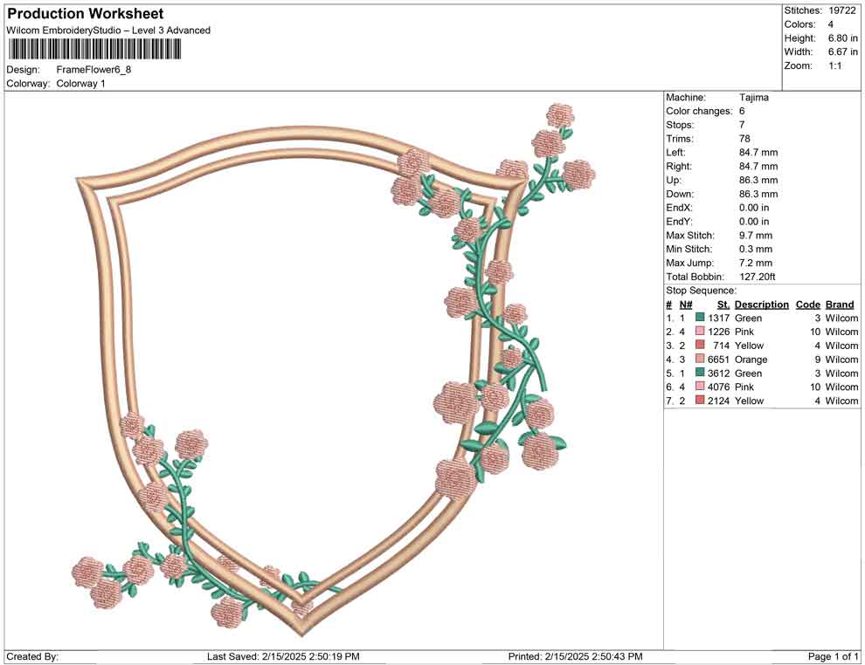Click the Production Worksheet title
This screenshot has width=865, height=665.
[x=86, y=14]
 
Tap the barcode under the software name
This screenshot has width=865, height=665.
[x=93, y=50]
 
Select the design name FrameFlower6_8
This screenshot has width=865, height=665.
[x=93, y=70]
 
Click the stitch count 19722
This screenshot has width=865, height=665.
[x=842, y=10]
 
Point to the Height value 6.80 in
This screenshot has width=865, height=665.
[x=843, y=38]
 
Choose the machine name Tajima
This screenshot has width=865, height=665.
[x=753, y=98]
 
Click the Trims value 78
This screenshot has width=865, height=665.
[x=744, y=139]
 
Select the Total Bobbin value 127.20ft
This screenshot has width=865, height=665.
[x=758, y=277]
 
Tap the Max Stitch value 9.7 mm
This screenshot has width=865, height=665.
[x=756, y=236]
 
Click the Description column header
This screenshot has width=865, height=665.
[x=762, y=305]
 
